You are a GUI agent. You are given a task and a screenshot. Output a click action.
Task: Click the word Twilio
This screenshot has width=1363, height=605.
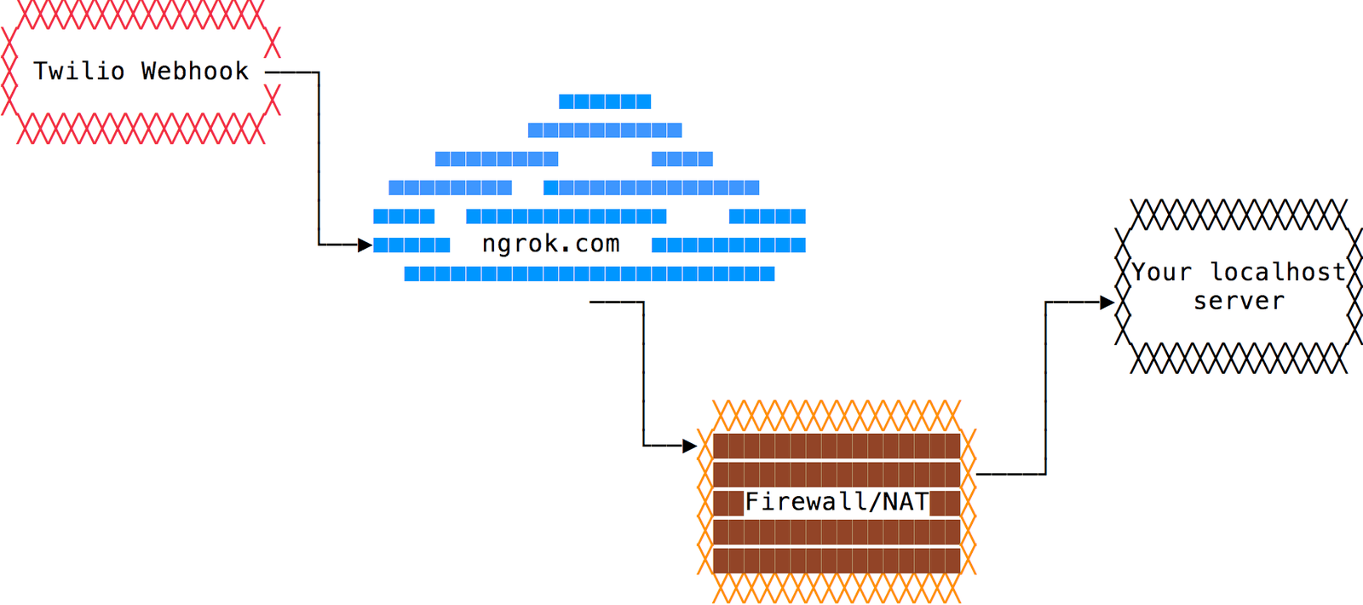pyautogui.click(x=78, y=71)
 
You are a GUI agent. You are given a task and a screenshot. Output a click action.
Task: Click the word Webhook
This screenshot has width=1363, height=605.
pyautogui.click(x=195, y=71)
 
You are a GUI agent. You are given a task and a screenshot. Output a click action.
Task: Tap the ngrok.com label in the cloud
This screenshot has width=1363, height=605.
pyautogui.click(x=551, y=245)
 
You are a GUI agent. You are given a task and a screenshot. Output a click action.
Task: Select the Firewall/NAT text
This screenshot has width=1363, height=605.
pyautogui.click(x=837, y=502)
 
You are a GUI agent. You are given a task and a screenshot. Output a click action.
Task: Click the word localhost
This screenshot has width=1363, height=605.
pyautogui.click(x=1278, y=272)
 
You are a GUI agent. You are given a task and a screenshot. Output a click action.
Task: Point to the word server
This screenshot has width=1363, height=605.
pyautogui.click(x=1239, y=301)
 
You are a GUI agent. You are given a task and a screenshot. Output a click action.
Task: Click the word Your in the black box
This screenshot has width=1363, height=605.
pyautogui.click(x=1162, y=272)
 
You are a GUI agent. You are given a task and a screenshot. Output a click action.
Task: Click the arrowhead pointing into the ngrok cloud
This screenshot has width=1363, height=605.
pyautogui.click(x=365, y=245)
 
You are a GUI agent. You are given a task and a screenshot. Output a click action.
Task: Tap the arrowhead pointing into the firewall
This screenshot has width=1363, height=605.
pyautogui.click(x=690, y=446)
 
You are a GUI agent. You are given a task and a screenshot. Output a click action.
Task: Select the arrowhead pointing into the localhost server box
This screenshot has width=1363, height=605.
pyautogui.click(x=1107, y=302)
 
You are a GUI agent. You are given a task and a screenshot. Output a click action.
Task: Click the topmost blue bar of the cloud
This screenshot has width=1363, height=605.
pyautogui.click(x=605, y=101)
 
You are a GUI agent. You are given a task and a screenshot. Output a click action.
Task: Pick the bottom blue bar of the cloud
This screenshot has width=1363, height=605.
pyautogui.click(x=589, y=274)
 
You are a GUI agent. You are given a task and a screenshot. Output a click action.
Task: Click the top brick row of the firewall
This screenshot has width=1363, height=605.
pyautogui.click(x=837, y=446)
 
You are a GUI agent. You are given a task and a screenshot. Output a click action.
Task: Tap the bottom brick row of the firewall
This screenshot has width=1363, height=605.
pyautogui.click(x=837, y=561)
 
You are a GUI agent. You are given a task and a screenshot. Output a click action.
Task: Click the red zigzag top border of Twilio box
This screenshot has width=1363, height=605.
pyautogui.click(x=141, y=14)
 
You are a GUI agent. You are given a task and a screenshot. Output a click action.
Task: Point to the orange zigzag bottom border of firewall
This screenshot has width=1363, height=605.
pyautogui.click(x=837, y=588)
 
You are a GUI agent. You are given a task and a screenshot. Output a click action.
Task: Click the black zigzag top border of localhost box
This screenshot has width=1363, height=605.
pyautogui.click(x=1239, y=215)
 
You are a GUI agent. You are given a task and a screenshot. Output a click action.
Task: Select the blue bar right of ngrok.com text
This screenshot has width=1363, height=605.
pyautogui.click(x=728, y=245)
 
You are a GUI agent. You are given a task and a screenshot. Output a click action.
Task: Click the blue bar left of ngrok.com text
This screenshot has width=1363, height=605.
pyautogui.click(x=411, y=245)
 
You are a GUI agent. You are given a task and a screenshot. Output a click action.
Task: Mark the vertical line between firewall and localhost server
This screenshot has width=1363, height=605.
pyautogui.click(x=1045, y=388)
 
